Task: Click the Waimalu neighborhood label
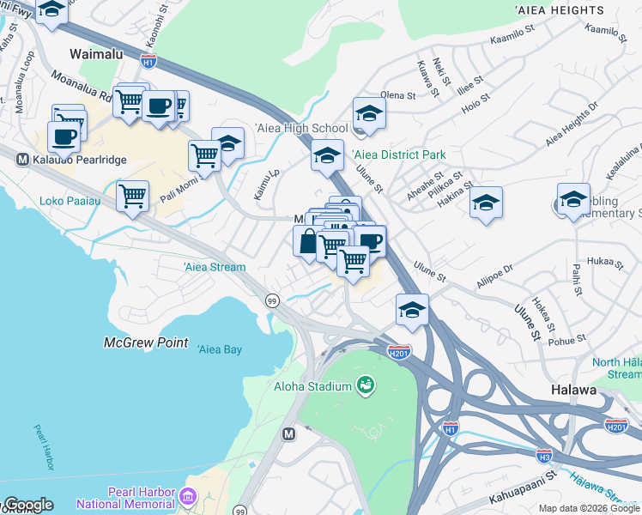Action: click(96, 54)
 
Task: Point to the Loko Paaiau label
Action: click(70, 202)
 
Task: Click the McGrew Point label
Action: click(146, 342)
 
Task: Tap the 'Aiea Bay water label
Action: click(220, 349)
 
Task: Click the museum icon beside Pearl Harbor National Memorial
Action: click(190, 497)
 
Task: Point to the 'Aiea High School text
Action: click(301, 128)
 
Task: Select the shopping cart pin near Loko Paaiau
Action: click(133, 197)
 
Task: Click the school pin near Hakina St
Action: click(486, 203)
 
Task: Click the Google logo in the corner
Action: click(27, 505)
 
